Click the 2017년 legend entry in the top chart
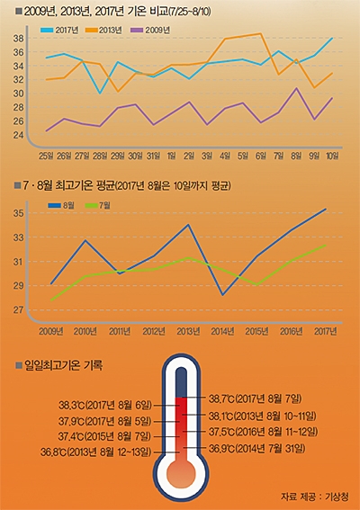point(59,31)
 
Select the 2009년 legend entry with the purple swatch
point(150,31)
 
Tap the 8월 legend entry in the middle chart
point(61,205)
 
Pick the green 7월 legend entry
point(97,205)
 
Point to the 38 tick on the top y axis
point(18,39)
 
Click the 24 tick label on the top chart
point(18,135)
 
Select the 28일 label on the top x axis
point(100,156)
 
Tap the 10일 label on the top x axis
point(332,156)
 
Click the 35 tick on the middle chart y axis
point(18,213)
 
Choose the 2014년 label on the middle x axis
point(222,331)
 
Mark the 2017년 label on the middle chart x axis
point(326,331)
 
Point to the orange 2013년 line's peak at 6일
point(261,33)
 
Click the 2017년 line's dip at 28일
point(100,94)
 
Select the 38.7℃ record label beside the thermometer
point(256,398)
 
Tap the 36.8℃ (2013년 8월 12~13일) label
point(96,452)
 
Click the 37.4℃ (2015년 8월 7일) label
point(104,436)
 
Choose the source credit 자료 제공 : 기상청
point(315,497)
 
